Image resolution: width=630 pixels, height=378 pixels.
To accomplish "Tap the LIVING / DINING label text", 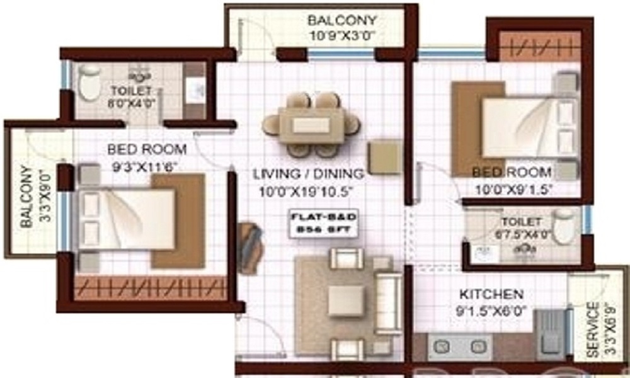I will (309, 173).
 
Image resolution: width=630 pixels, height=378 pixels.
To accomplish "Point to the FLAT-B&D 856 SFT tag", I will (324, 224).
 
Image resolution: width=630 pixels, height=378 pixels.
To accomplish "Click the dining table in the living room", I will (311, 124).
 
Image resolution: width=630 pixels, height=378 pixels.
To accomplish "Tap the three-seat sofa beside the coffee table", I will (387, 302).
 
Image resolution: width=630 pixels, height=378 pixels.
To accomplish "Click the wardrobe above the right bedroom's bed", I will (539, 47).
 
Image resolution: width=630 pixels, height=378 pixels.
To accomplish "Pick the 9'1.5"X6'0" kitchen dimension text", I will (491, 311).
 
